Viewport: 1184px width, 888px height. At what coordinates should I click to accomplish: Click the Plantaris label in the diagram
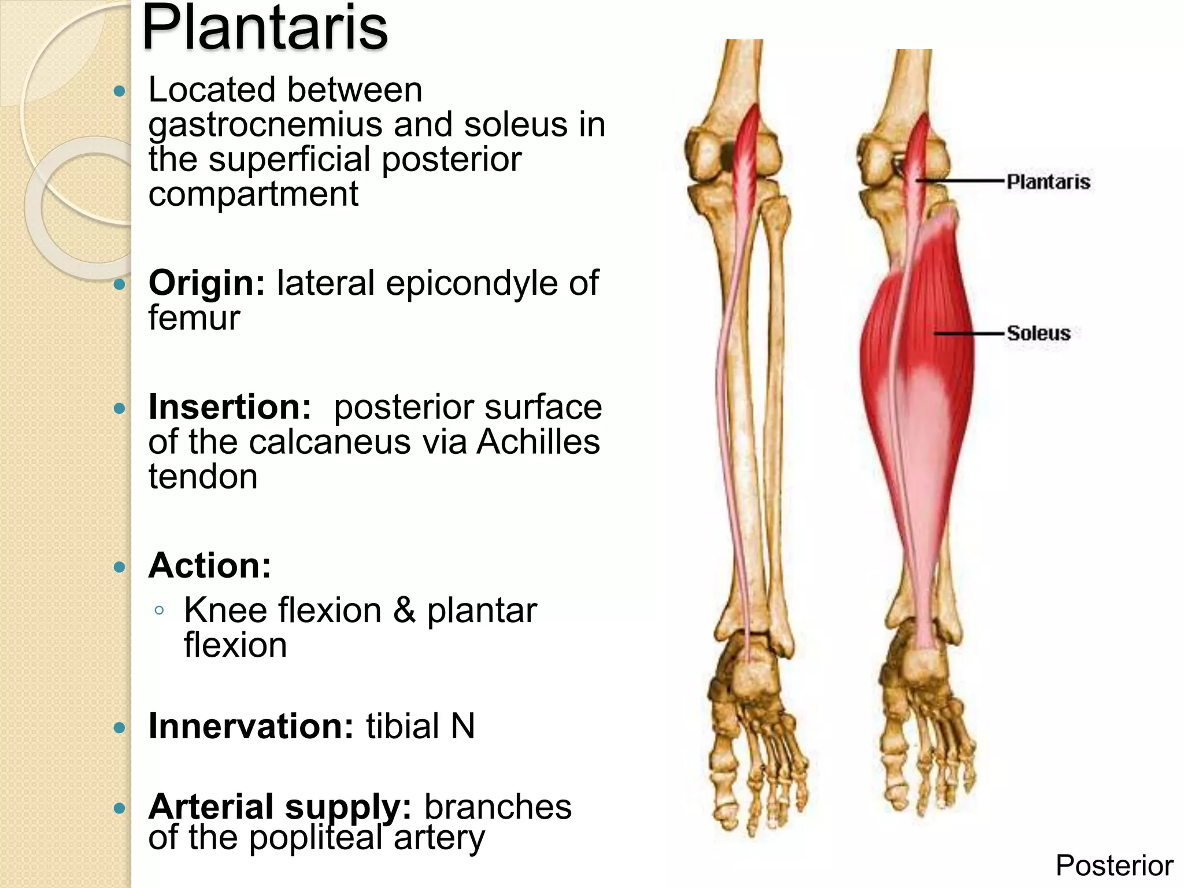[1048, 182]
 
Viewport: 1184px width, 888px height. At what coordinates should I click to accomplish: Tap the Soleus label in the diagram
[1038, 333]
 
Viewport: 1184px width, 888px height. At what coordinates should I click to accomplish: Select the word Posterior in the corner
[1114, 865]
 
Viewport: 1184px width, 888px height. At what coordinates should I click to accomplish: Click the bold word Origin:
[206, 283]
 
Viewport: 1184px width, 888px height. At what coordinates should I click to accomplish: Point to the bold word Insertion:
[230, 407]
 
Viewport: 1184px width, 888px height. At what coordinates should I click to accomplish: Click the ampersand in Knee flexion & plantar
[404, 610]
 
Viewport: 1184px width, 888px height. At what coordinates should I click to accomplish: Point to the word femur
[194, 318]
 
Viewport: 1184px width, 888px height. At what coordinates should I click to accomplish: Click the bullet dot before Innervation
[120, 727]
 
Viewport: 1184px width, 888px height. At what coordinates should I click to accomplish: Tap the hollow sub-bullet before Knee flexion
[160, 610]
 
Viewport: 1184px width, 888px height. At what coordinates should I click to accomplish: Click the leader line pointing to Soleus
[968, 334]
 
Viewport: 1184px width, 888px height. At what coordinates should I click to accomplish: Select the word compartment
[253, 194]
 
